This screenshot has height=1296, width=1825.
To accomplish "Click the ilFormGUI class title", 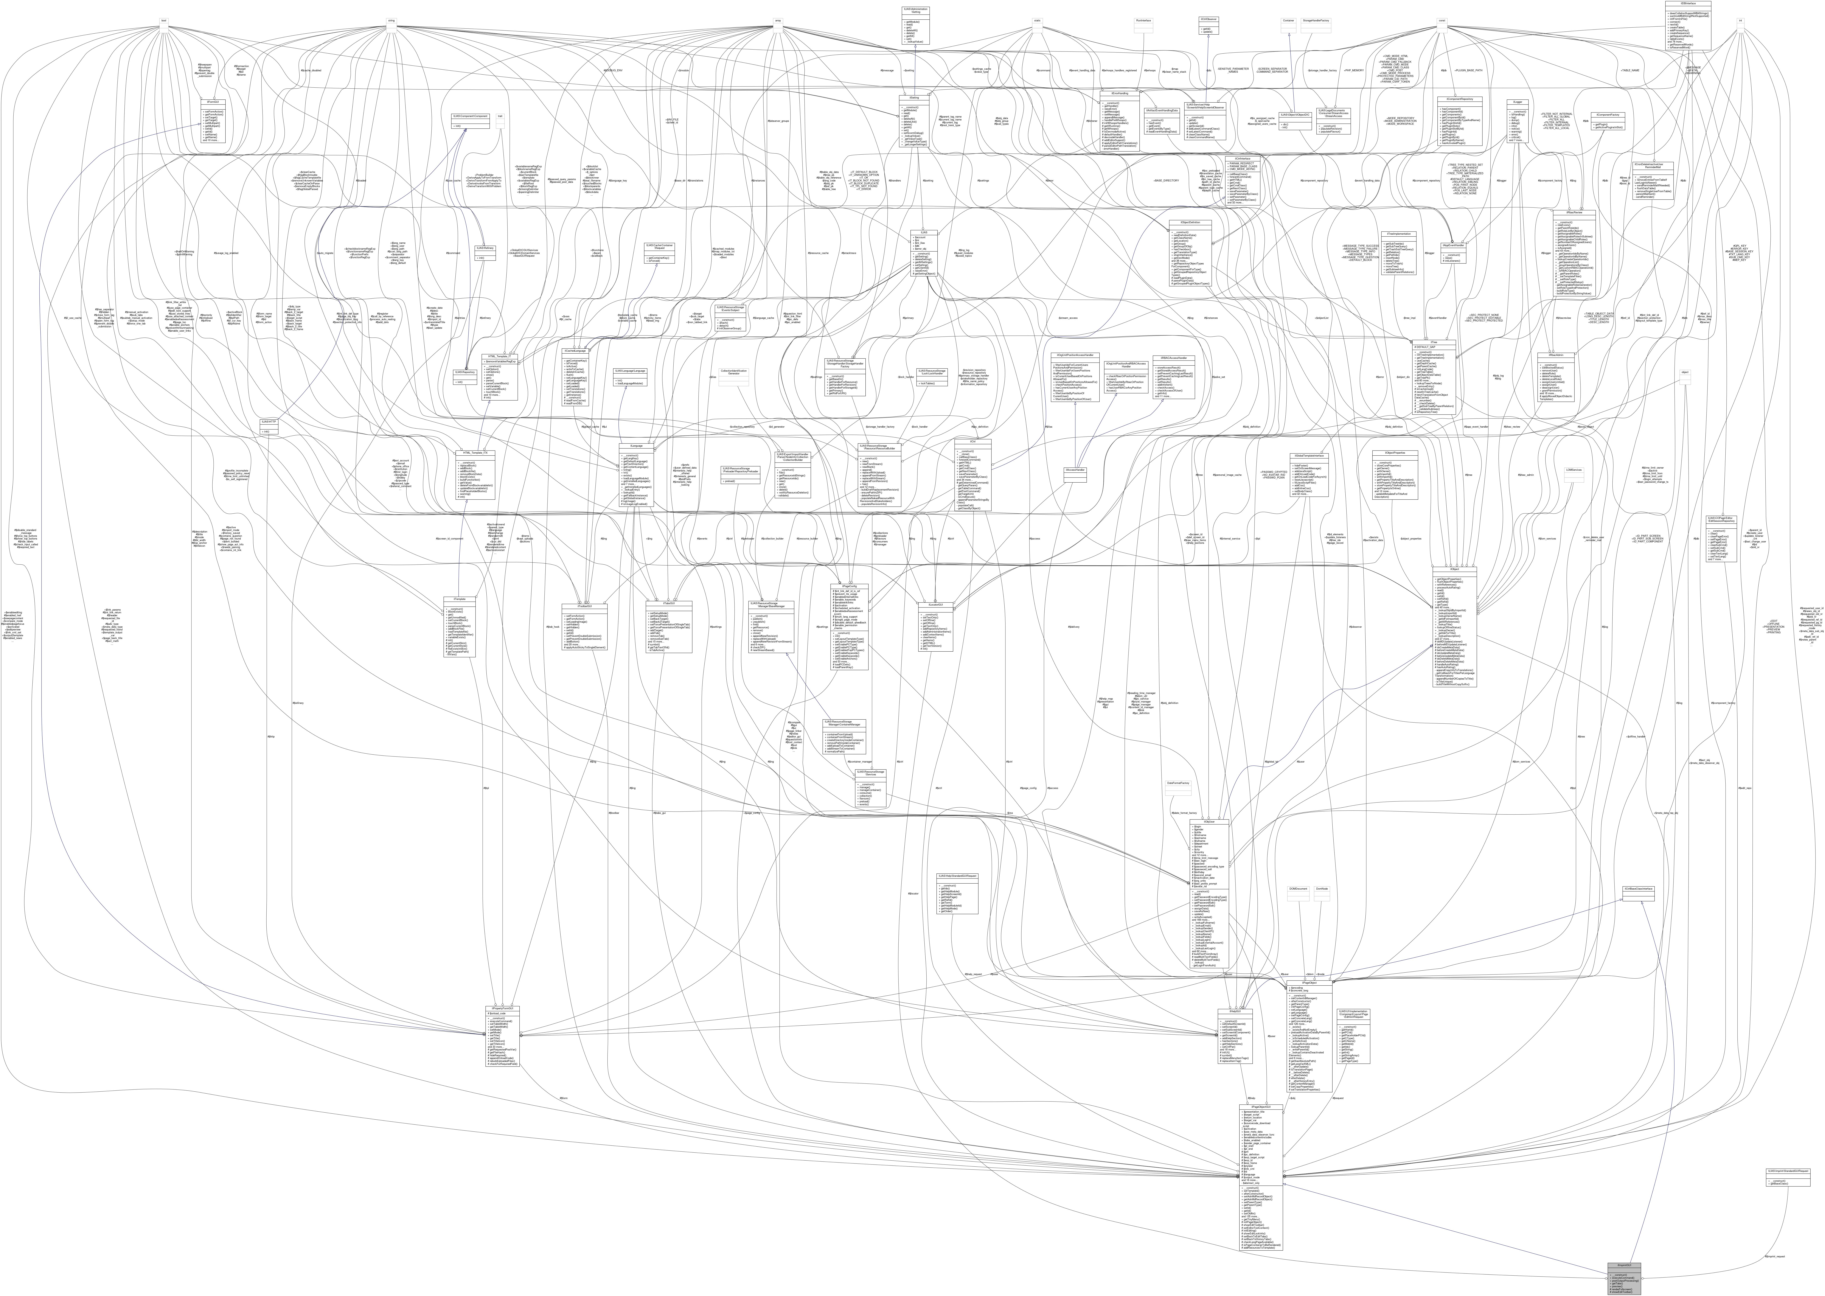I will tap(213, 102).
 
